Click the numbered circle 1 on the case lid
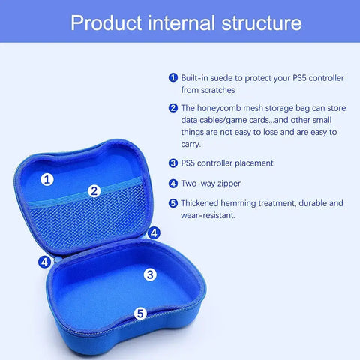(x=47, y=179)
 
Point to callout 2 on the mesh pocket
(x=94, y=191)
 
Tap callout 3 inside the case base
(x=150, y=274)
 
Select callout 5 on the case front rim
(x=140, y=313)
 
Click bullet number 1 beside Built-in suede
(x=172, y=77)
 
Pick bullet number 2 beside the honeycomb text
(x=172, y=108)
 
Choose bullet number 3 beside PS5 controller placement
(x=172, y=163)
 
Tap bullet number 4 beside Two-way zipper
(x=172, y=183)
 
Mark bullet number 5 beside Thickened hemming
(x=172, y=203)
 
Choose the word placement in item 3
(x=251, y=163)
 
